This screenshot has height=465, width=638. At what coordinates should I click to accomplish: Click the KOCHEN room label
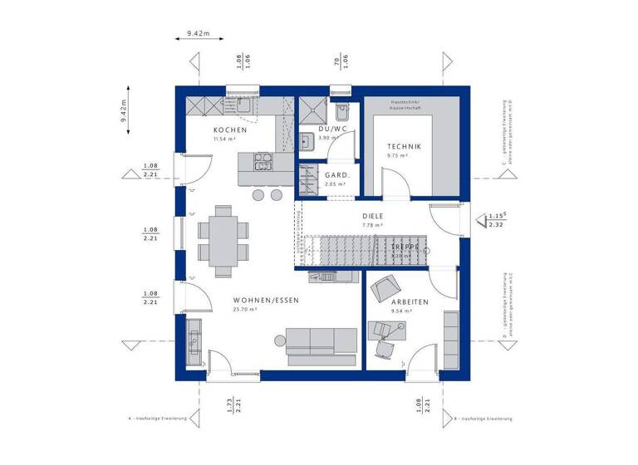click(x=229, y=130)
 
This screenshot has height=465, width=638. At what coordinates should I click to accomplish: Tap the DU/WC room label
click(x=332, y=130)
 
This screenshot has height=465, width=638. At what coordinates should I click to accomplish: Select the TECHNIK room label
click(x=404, y=146)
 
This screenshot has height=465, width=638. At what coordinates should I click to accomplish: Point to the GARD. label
click(x=336, y=175)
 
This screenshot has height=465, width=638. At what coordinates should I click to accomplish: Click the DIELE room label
click(x=372, y=214)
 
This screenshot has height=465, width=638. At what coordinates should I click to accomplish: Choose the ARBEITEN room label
click(x=410, y=302)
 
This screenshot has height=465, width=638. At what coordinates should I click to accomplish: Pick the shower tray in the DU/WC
click(x=313, y=110)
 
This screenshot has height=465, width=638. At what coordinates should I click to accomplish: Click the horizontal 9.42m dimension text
click(x=199, y=33)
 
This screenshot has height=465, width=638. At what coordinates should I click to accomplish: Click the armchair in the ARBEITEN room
click(x=384, y=289)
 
